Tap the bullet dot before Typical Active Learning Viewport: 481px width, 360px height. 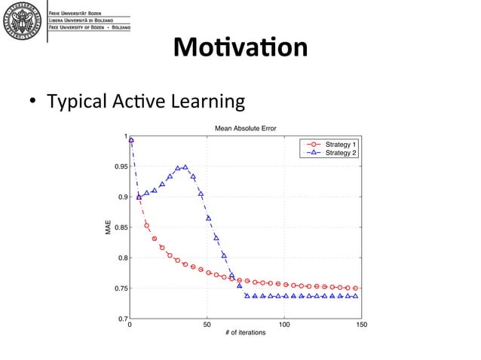34,102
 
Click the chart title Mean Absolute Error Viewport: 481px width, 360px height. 245,129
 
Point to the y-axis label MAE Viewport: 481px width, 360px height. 109,228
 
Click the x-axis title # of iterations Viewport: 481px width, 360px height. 245,332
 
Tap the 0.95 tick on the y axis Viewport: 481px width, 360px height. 118,166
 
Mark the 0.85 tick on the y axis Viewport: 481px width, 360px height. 118,227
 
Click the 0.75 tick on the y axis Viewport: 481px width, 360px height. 118,288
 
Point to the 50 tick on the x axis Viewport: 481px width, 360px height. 207,325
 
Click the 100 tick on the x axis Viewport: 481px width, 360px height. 284,325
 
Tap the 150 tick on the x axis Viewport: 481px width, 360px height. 361,325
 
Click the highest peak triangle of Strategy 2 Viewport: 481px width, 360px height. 185,167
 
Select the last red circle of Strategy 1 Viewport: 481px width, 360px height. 355,288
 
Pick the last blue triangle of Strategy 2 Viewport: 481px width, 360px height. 355,296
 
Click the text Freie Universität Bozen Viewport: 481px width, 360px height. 78,14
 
